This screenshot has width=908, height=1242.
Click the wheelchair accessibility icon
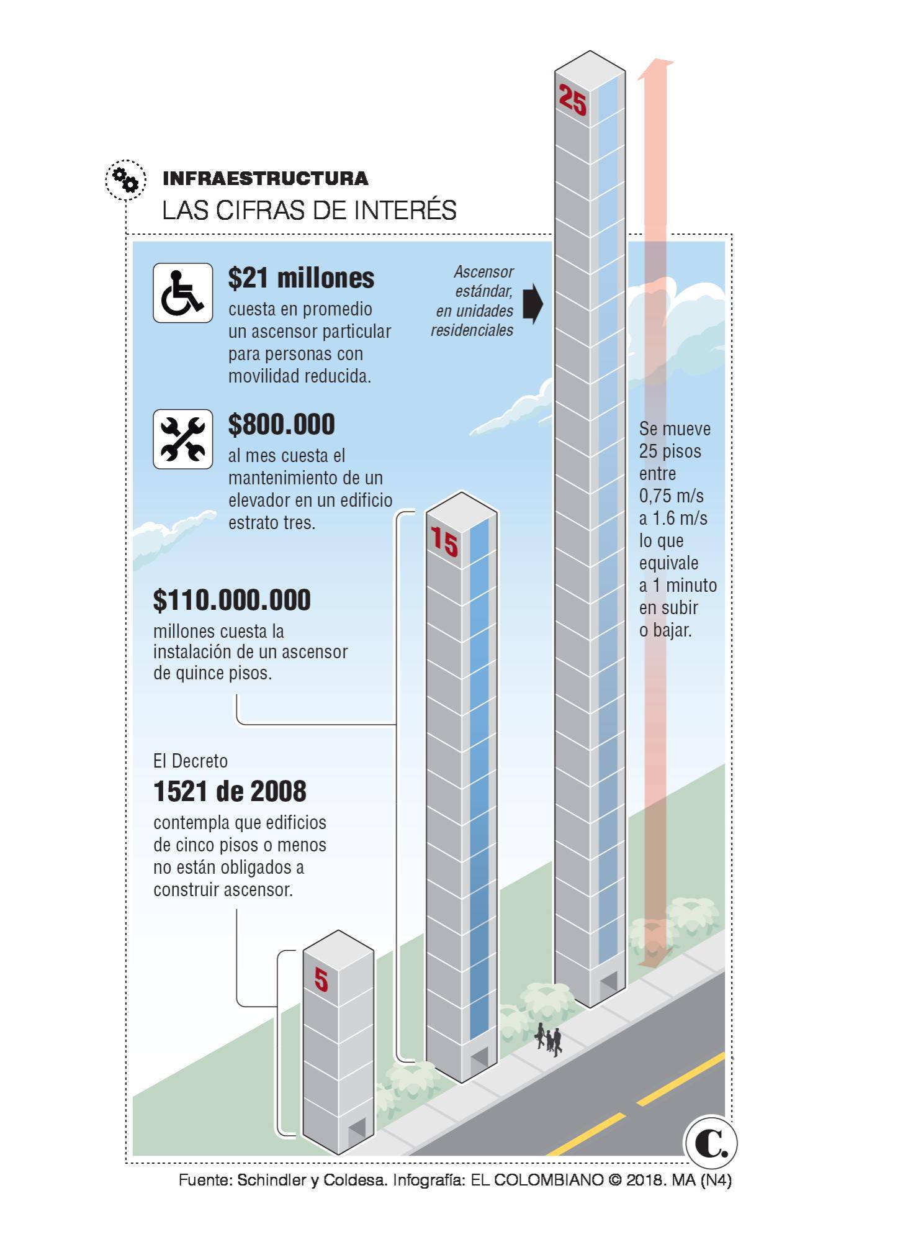pos(182,292)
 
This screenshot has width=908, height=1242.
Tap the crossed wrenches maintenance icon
pos(182,439)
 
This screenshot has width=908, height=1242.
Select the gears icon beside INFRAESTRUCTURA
pos(125,180)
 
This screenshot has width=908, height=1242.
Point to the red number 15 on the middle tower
pos(444,541)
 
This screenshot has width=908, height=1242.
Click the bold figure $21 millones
pos(301,278)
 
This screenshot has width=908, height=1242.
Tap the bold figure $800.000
pos(281,424)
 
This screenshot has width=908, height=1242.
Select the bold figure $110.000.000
pos(232,600)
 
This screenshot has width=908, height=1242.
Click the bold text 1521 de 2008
pos(230,791)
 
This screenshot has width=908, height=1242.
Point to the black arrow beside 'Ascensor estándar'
pos(533,304)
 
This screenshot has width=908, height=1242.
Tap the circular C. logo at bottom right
pos(711,1142)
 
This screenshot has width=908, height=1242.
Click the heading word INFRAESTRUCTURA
pos(265,179)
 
